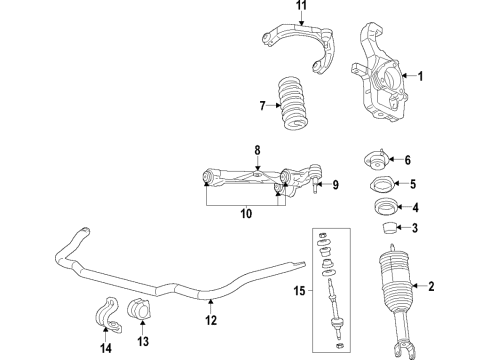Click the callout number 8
257,151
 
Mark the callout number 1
420,76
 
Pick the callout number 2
431,288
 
